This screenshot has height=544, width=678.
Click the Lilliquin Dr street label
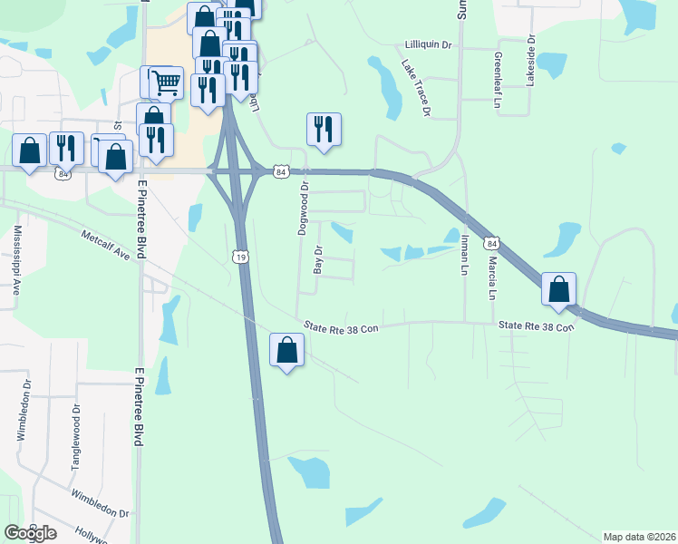(428, 44)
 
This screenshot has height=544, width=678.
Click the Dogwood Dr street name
(305, 209)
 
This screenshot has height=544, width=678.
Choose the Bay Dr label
(318, 259)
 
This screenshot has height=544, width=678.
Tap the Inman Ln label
(464, 252)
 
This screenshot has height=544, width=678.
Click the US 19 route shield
(240, 257)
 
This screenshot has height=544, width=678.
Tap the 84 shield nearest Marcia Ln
(491, 243)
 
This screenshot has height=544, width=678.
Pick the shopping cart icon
(166, 83)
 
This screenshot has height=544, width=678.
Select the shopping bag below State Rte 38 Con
(286, 349)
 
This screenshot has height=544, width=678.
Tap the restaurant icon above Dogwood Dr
(324, 129)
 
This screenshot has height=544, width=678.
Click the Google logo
(30, 532)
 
